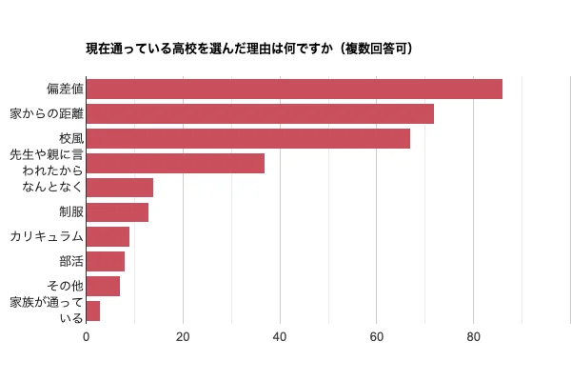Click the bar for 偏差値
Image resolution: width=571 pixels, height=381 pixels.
click(294, 89)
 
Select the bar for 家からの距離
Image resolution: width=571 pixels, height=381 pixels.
click(260, 113)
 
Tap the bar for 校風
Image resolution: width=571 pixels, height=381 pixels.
click(248, 138)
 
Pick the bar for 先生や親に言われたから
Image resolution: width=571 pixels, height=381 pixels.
click(175, 163)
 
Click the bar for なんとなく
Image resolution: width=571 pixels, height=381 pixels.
click(120, 188)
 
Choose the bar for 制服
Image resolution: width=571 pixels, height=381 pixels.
click(117, 211)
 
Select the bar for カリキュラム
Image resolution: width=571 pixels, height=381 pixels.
click(108, 236)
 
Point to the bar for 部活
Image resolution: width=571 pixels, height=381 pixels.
click(106, 261)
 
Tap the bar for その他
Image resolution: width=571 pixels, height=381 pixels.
click(103, 286)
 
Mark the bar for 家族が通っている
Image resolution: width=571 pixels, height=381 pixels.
click(93, 311)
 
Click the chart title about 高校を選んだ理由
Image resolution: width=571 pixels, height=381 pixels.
click(249, 48)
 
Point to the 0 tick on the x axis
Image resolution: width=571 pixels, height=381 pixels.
click(87, 336)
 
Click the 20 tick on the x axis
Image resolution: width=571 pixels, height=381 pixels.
click(183, 336)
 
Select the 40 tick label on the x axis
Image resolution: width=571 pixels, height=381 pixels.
click(280, 336)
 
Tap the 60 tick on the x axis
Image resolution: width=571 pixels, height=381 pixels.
click(377, 336)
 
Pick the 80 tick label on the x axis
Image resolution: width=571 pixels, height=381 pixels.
click(473, 336)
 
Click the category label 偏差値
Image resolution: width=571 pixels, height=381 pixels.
click(65, 90)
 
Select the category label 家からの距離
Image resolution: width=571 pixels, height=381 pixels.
click(47, 113)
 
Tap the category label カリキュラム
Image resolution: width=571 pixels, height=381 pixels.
click(47, 236)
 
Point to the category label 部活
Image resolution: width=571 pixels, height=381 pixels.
click(71, 261)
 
